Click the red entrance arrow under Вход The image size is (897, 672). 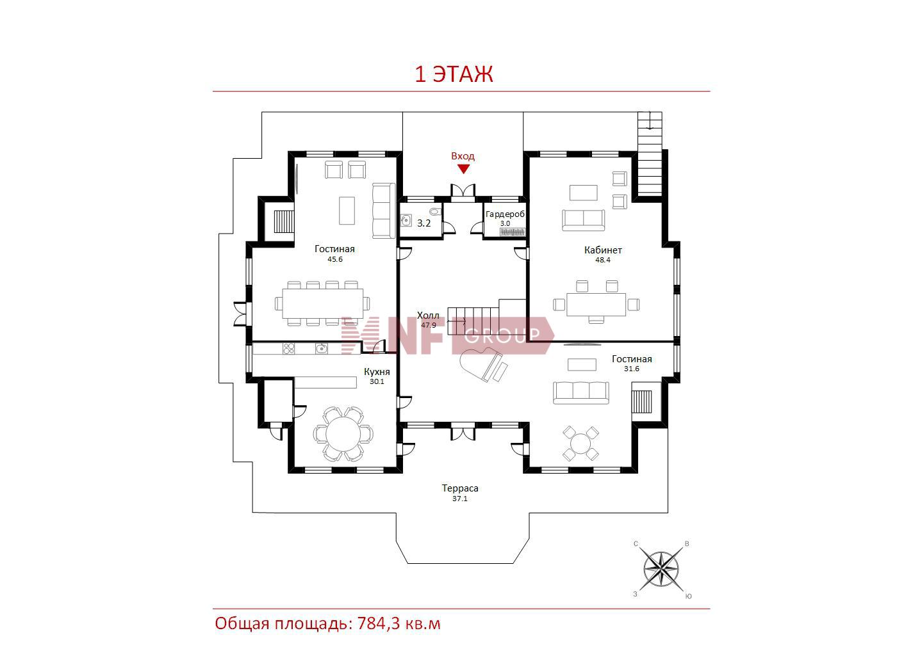(x=463, y=169)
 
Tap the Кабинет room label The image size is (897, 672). (x=603, y=250)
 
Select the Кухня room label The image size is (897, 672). (x=376, y=372)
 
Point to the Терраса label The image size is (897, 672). (x=460, y=488)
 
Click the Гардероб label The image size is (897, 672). (x=505, y=214)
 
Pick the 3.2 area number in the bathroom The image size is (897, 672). (x=424, y=223)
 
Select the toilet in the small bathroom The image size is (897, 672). (x=436, y=211)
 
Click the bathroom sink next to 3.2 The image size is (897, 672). (x=405, y=220)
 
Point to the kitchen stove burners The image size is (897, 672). (x=288, y=348)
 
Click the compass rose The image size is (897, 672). (x=661, y=569)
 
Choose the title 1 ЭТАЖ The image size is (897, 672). (x=454, y=74)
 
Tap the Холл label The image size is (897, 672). (x=428, y=315)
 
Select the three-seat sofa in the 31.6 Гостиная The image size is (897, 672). (x=580, y=393)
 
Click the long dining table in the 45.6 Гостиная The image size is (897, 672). (x=322, y=303)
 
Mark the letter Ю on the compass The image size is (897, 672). (x=688, y=596)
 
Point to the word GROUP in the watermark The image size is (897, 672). (x=502, y=335)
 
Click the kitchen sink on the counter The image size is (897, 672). (x=321, y=348)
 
